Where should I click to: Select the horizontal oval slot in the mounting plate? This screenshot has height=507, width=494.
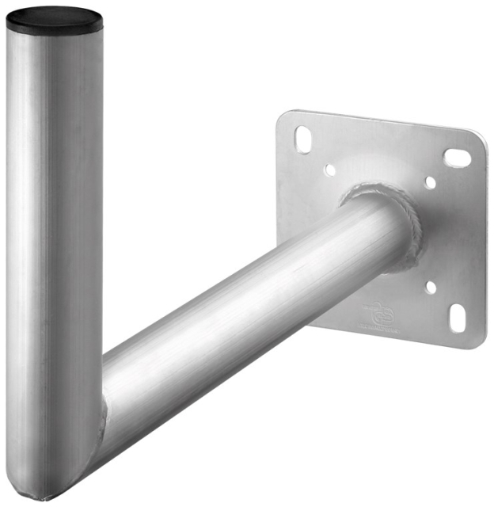tap(457, 158)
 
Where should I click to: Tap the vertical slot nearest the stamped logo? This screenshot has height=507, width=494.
tap(458, 318)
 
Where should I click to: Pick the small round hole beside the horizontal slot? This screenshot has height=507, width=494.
tap(429, 182)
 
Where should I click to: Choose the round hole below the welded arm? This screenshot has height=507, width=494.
tap(429, 288)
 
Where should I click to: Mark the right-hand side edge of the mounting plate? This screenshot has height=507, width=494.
tap(484, 238)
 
